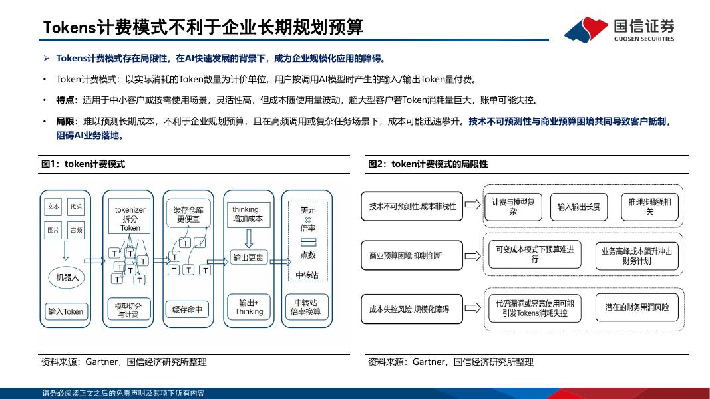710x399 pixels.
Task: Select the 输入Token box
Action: pyautogui.click(x=65, y=311)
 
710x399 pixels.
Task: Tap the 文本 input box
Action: pyautogui.click(x=53, y=207)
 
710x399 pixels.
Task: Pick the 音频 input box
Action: pyautogui.click(x=76, y=231)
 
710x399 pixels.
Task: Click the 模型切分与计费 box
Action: pyautogui.click(x=128, y=310)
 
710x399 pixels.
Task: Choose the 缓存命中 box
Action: pyautogui.click(x=188, y=309)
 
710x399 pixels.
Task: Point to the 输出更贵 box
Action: pyautogui.click(x=248, y=257)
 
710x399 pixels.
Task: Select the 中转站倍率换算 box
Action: pyautogui.click(x=307, y=307)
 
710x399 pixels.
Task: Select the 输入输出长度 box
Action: pyautogui.click(x=579, y=207)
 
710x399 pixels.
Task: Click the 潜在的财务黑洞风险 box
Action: pyautogui.click(x=637, y=308)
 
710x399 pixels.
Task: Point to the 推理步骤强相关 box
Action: pyautogui.click(x=649, y=207)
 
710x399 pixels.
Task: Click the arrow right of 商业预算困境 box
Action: pyautogui.click(x=473, y=255)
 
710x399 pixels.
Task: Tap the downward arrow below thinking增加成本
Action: pyautogui.click(x=248, y=237)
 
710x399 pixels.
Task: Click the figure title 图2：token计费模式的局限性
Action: pyautogui.click(x=428, y=164)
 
